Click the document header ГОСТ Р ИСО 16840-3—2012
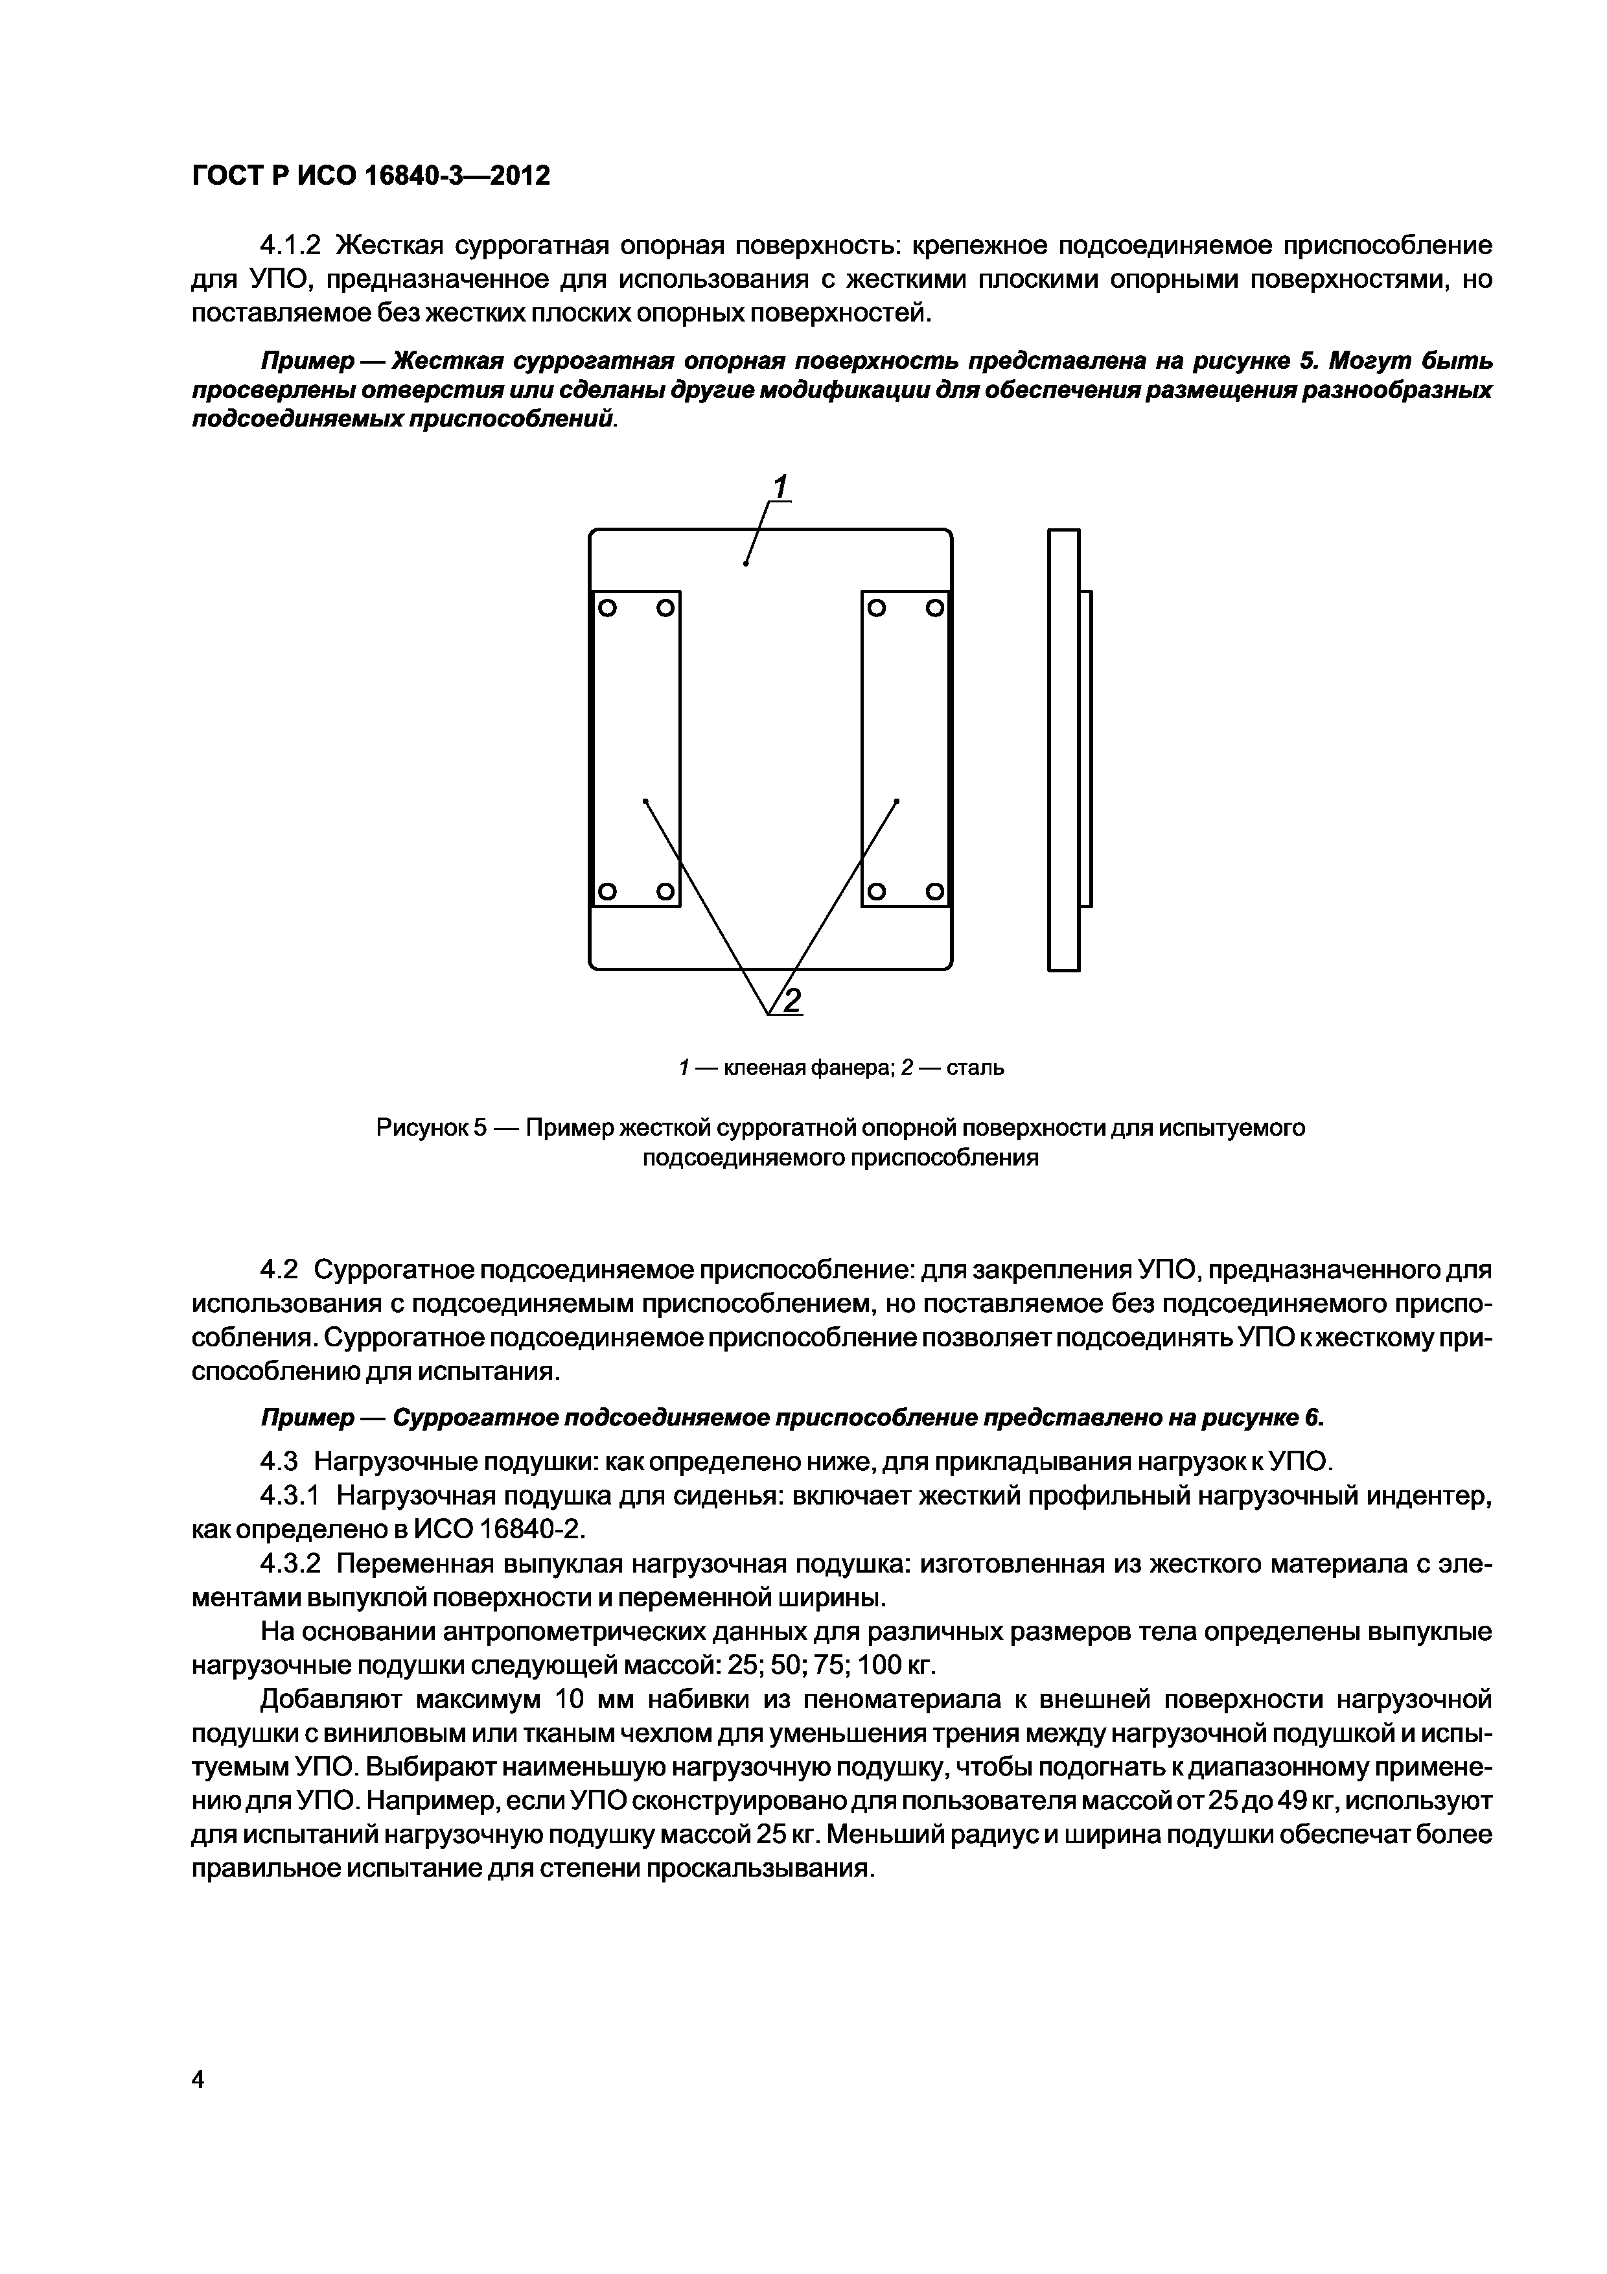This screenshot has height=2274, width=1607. (x=370, y=176)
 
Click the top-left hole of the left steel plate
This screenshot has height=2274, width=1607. (x=607, y=606)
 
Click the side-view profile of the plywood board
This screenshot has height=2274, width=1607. (x=1063, y=750)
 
